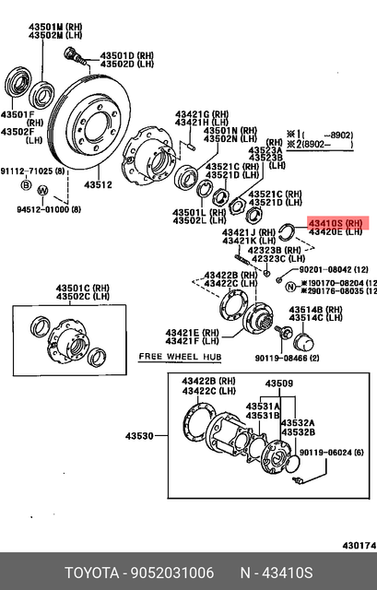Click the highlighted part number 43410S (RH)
point(337,223)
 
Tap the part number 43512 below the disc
point(99,185)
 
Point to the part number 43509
point(279,383)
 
